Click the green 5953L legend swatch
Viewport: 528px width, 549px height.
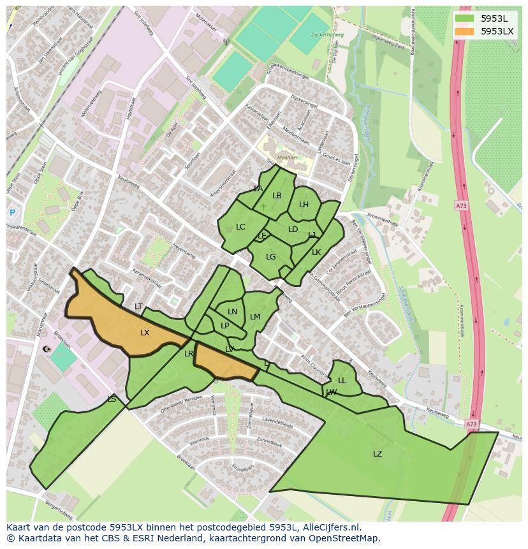(x=464, y=18)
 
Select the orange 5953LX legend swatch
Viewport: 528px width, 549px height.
(x=464, y=31)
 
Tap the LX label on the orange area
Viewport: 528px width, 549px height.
(x=145, y=333)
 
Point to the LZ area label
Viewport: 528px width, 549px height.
(x=378, y=454)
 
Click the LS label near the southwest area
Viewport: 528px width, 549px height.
(x=112, y=399)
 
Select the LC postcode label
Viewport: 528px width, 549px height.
(x=240, y=227)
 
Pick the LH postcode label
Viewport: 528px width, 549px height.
(x=304, y=205)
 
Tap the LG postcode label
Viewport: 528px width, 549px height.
(x=270, y=257)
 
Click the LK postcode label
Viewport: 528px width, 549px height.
(x=316, y=253)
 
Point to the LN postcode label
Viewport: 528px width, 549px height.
(x=232, y=312)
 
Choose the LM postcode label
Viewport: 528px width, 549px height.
(x=255, y=317)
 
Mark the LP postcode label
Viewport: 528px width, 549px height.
(x=224, y=326)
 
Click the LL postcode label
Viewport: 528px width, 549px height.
(x=342, y=381)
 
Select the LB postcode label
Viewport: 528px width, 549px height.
(x=277, y=196)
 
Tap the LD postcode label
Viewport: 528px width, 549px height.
(x=293, y=230)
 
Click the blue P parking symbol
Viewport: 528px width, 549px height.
(x=11, y=213)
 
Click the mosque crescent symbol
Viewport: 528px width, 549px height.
(x=45, y=349)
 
